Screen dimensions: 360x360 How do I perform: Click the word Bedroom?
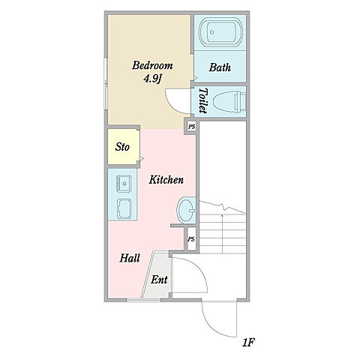pos(152,65)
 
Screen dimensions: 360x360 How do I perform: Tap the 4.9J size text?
pos(151,79)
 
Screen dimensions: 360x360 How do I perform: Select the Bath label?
pos(220,67)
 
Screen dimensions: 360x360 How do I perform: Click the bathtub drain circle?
pos(212,32)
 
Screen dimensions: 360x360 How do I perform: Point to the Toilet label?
pos(203,100)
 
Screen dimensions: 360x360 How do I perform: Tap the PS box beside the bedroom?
pos(192,127)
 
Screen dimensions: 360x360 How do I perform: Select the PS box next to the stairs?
pos(191,239)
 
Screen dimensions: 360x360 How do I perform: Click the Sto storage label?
pos(122,147)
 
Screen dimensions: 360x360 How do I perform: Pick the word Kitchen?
pos(166,180)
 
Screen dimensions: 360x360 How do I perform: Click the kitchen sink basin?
pos(124,184)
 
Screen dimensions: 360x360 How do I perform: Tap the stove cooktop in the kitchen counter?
pos(124,208)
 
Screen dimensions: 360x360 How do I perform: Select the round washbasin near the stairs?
pos(186,210)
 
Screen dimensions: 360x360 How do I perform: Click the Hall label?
pos(130,258)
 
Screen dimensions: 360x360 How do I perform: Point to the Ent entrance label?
pos(159,280)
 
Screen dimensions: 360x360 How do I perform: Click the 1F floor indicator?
pos(248,343)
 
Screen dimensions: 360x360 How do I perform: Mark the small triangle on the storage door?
pos(142,158)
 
